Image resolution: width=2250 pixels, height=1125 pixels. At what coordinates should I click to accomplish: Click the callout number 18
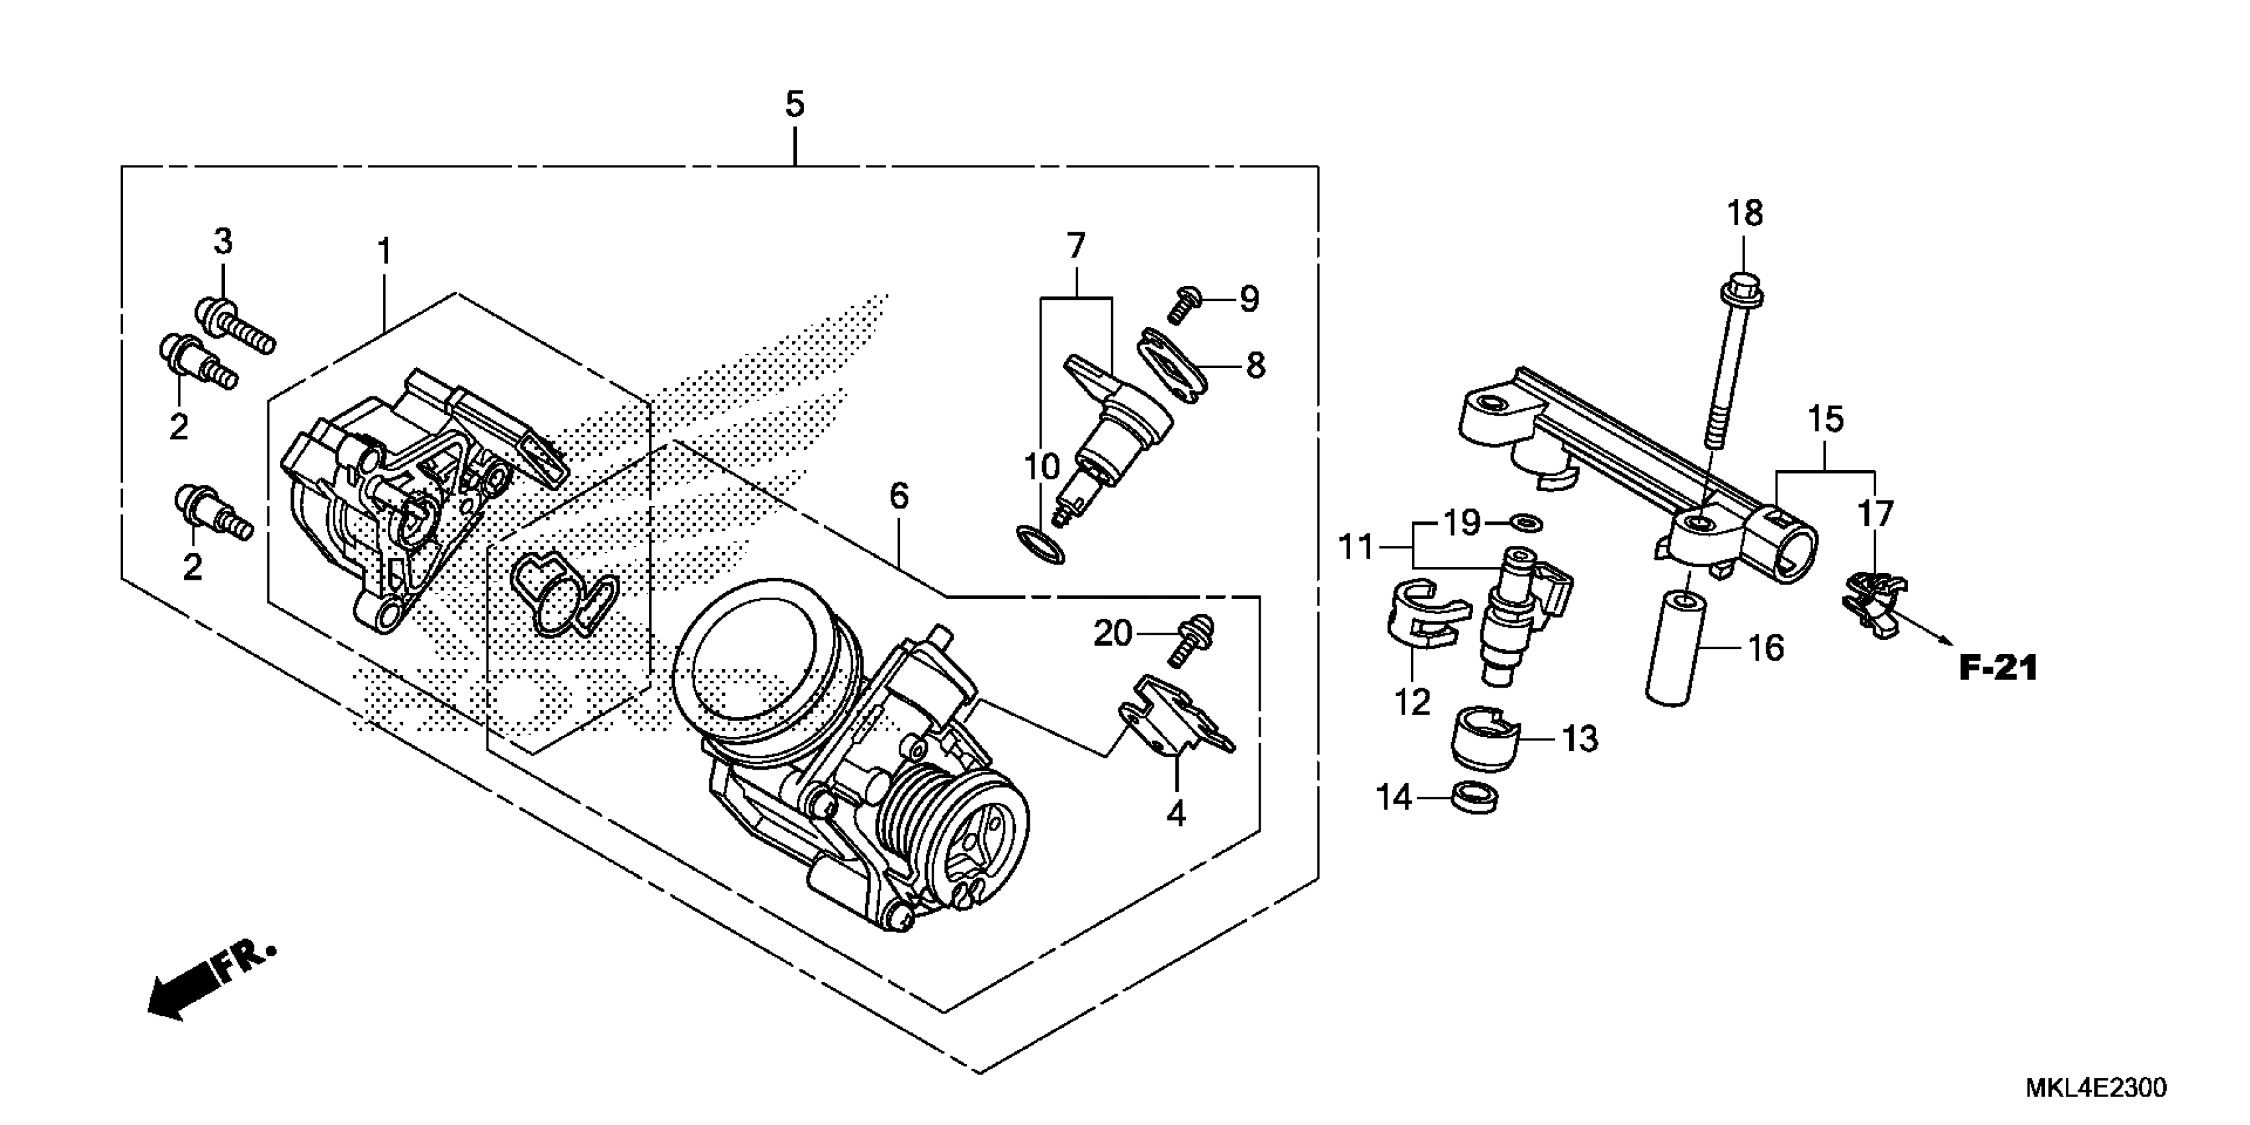tap(1745, 214)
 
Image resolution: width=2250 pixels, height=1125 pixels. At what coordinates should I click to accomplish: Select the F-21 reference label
tap(1999, 669)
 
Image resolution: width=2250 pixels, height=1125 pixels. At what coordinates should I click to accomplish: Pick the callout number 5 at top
tap(794, 105)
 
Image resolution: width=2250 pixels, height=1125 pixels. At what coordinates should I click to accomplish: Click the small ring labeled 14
tap(1474, 797)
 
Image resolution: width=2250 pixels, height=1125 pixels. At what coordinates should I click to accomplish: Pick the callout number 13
tap(1579, 739)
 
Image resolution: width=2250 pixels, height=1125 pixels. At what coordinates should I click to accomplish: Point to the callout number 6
tap(899, 497)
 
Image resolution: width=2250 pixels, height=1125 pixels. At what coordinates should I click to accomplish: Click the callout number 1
tap(383, 252)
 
